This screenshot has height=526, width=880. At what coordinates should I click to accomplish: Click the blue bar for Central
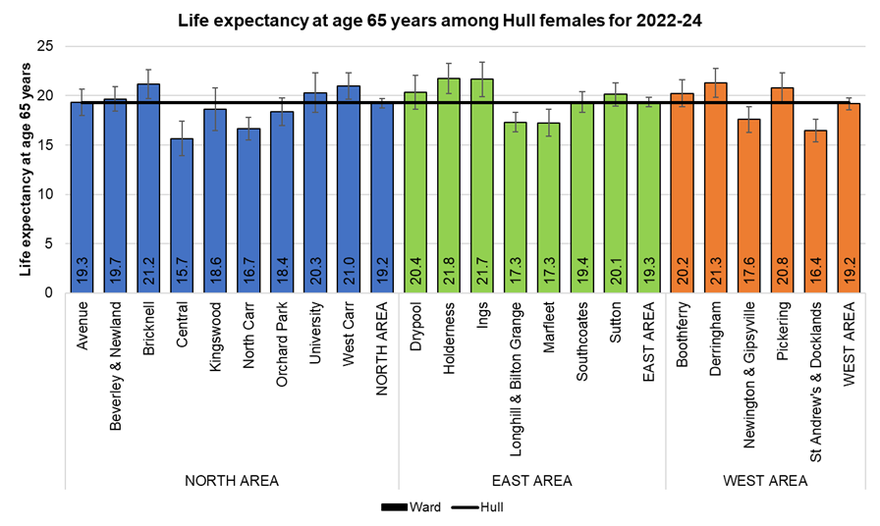click(x=182, y=216)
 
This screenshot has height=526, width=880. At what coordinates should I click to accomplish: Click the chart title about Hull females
click(x=439, y=19)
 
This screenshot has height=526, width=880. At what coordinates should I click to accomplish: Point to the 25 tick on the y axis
click(x=45, y=46)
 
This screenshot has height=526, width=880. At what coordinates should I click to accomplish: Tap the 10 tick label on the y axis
click(x=45, y=194)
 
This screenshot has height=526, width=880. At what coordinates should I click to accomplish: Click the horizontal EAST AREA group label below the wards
click(x=531, y=481)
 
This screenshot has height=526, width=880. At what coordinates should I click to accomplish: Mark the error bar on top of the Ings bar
click(x=482, y=79)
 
